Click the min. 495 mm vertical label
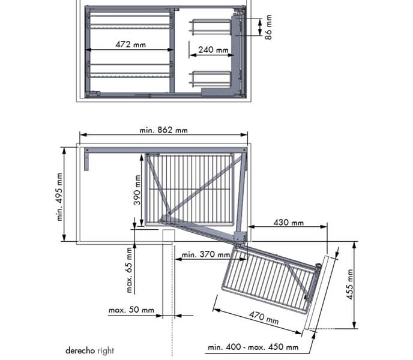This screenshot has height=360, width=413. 60,197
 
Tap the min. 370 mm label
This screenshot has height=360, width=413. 205,255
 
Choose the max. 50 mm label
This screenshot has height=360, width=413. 131,311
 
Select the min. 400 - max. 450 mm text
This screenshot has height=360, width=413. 253,347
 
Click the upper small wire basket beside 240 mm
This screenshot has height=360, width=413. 211,28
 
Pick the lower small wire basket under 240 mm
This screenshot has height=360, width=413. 211,78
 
